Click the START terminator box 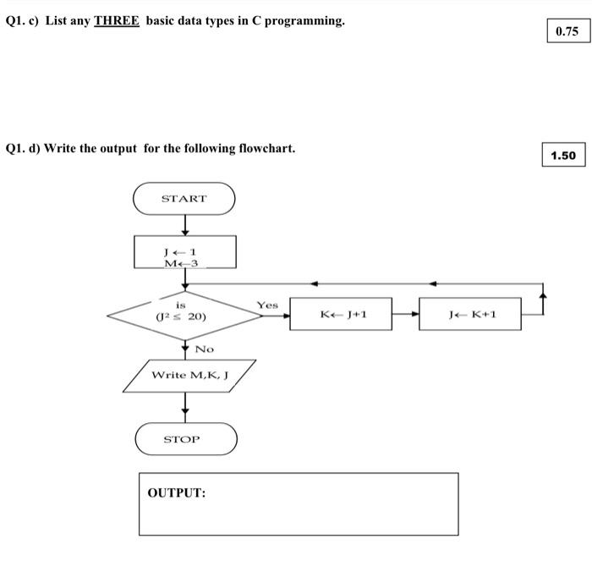(184, 199)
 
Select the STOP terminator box (186, 439)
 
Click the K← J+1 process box (342, 315)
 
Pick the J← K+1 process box (470, 315)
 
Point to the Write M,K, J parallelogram (190, 375)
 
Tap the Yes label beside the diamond (267, 305)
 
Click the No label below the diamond (205, 349)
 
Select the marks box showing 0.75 (567, 31)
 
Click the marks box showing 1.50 (562, 156)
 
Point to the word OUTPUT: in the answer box (177, 492)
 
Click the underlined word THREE (117, 20)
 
